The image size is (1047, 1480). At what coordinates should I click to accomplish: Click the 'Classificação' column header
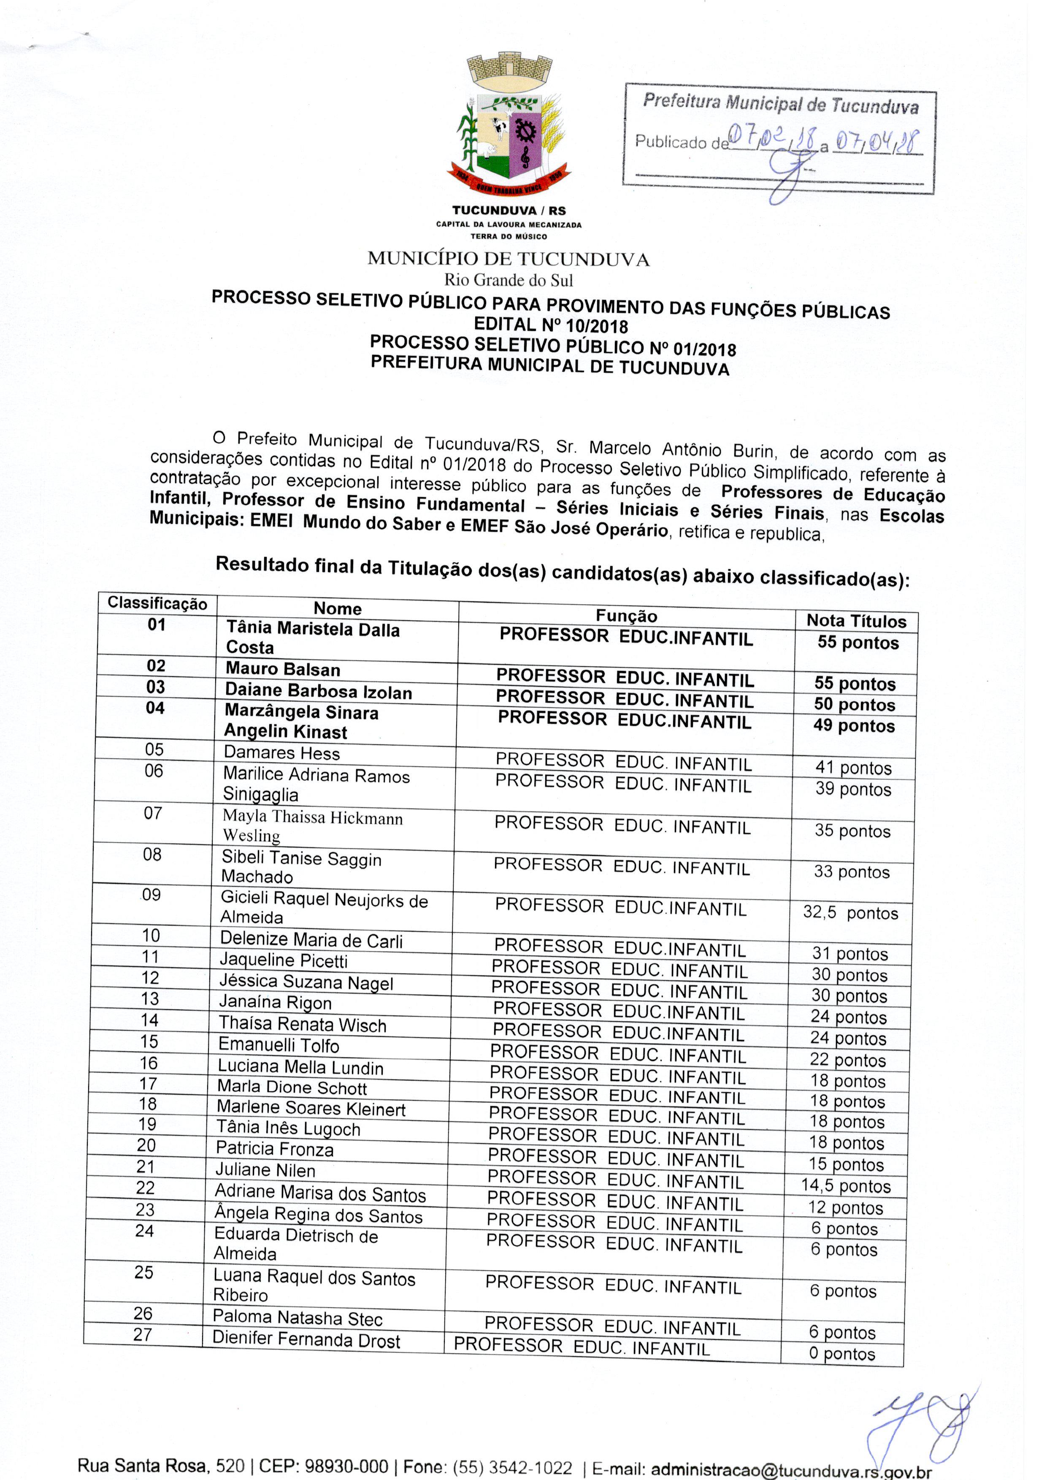(157, 603)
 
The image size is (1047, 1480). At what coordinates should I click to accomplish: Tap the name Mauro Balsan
(282, 669)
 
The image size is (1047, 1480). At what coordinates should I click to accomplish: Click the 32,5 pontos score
(850, 913)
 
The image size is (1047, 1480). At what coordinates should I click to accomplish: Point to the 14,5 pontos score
(845, 1186)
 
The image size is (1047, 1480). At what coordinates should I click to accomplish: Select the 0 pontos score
(841, 1354)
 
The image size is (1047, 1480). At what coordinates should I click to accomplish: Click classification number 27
(143, 1334)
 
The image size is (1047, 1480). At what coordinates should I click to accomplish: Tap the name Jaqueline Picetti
(283, 961)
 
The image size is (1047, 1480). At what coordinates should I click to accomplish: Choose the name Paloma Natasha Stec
(297, 1318)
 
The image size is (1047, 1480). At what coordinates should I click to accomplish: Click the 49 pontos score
(854, 726)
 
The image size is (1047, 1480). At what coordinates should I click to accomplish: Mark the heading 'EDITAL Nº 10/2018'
(551, 325)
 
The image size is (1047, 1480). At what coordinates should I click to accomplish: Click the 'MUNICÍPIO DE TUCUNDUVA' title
(508, 259)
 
